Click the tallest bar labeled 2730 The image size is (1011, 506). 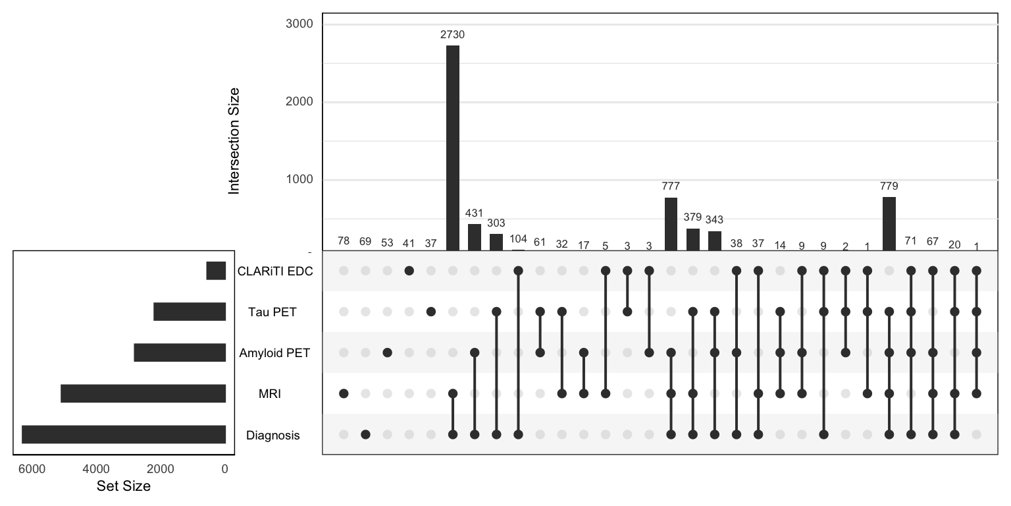pos(453,148)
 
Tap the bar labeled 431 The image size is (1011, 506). pos(475,237)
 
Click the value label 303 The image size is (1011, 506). pos(496,223)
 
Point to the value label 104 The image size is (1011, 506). pos(518,239)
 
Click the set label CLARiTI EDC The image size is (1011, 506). pos(276,271)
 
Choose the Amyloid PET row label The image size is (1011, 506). pos(274,353)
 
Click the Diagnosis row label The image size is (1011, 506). pos(272,436)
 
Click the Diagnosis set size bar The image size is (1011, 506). pos(124,435)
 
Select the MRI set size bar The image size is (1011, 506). pos(143,394)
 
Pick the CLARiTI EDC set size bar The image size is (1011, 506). pos(216,271)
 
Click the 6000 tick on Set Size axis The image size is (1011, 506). pos(32,469)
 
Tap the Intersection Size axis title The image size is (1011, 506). pos(234,140)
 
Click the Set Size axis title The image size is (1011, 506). pos(124,487)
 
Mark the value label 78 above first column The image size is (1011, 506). pos(344,242)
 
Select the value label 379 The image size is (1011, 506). pos(692,217)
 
